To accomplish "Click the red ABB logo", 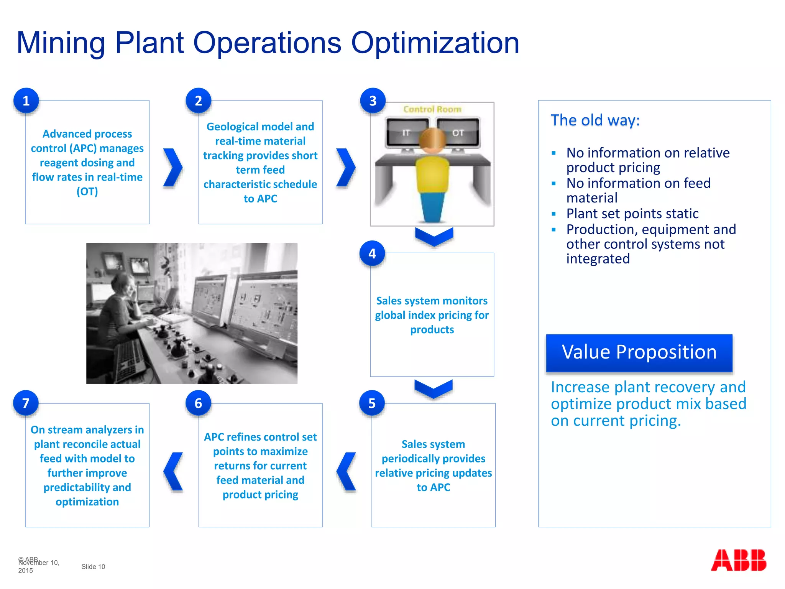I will tap(738, 560).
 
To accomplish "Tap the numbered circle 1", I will tap(26, 101).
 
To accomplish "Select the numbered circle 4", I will tap(372, 253).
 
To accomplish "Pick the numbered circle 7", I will tap(26, 403).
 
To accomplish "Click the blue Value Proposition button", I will tap(639, 352).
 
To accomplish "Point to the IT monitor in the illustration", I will tap(407, 132).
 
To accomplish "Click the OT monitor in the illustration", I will tap(458, 132).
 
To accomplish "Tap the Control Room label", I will tap(432, 109).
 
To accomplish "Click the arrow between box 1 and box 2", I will tap(173, 168).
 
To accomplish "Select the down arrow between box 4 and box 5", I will tap(434, 388).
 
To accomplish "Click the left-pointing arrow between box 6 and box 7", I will tap(174, 471).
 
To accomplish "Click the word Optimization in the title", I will tap(435, 43).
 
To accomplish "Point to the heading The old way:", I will tap(595, 120).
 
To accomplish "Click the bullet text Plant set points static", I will tap(632, 214).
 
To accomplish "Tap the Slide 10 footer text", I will tap(93, 566).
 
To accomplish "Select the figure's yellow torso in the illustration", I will tap(432, 174).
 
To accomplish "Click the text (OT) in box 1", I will tap(87, 191).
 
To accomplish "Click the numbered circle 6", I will tap(198, 403).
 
